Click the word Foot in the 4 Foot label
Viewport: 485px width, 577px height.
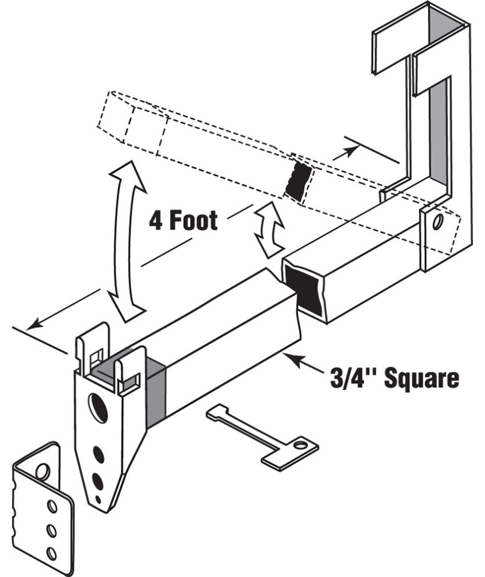tap(193, 220)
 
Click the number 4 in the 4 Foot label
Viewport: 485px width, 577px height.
tap(156, 220)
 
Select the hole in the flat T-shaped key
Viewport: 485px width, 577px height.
tap(300, 445)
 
